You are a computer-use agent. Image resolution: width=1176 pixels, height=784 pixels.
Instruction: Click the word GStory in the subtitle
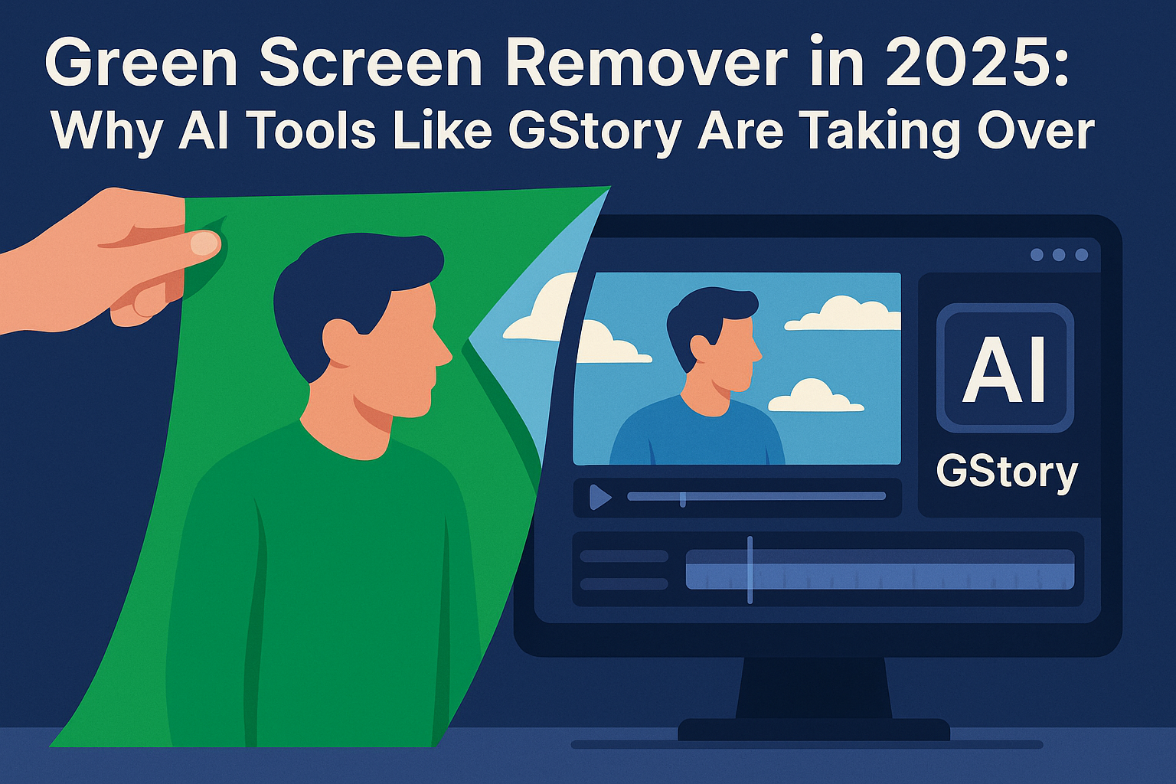tap(594, 132)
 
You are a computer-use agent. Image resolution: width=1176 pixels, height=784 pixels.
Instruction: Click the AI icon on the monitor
tap(1004, 368)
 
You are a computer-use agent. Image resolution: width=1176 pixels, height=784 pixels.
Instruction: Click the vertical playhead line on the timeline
tap(750, 570)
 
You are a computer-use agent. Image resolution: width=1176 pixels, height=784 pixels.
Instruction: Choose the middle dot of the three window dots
tap(1059, 254)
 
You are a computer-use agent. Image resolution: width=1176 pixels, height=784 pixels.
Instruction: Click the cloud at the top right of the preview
tap(842, 314)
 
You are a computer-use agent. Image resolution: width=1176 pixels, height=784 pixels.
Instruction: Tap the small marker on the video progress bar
tap(682, 499)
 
